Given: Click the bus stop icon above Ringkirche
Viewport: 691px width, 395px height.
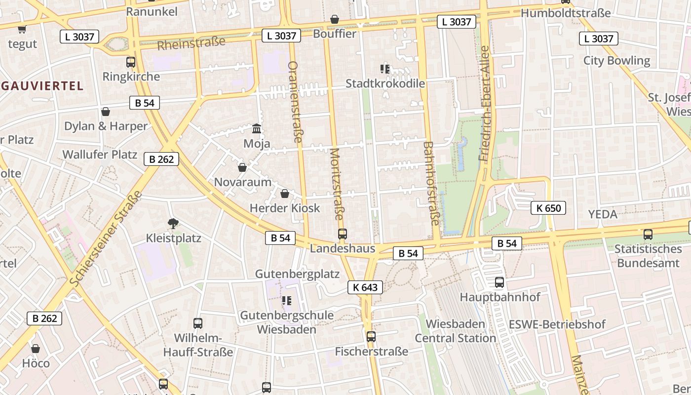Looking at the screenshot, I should click(131, 62).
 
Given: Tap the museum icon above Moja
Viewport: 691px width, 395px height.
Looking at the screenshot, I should click(257, 129).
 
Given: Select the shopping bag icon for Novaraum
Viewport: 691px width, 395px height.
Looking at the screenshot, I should click(242, 167).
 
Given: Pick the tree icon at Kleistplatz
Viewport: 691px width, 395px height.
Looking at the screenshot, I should click(173, 224).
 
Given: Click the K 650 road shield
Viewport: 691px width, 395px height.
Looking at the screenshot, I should click(548, 208).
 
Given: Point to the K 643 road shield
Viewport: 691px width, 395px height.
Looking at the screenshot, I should click(365, 287).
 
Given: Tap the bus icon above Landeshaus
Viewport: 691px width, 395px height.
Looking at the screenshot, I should click(343, 234).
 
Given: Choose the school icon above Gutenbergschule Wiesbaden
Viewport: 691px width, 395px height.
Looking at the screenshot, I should click(286, 300).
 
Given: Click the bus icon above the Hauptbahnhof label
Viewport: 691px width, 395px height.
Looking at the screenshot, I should click(499, 282).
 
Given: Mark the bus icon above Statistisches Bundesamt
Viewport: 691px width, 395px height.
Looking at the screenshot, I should click(648, 235).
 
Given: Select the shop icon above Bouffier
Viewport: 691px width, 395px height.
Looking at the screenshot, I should click(335, 19).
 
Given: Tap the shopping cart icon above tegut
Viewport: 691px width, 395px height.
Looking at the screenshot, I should click(22, 29).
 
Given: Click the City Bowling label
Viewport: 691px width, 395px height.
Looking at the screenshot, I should click(616, 61).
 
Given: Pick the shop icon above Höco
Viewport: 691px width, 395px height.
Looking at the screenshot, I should click(36, 349).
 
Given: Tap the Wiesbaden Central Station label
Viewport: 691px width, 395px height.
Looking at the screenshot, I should click(455, 331).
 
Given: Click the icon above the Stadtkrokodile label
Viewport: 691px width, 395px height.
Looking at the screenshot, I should click(385, 69).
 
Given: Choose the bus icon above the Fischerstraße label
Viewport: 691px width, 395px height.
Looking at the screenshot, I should click(371, 337).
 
